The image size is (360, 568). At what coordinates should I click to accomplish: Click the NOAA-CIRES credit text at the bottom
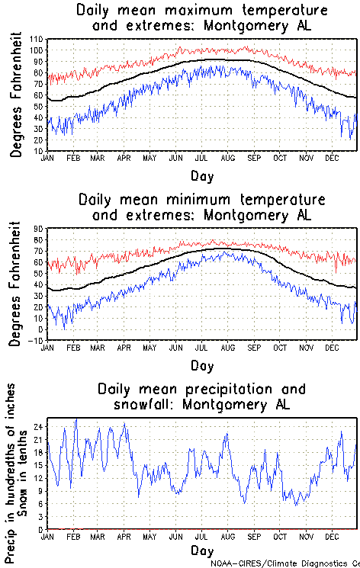[286, 563]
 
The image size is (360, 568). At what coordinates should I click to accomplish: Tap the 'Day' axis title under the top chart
[202, 175]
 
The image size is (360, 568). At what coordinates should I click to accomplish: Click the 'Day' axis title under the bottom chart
[202, 550]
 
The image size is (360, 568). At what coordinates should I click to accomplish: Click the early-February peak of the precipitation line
[76, 419]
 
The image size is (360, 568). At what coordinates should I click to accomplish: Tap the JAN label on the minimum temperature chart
[47, 347]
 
